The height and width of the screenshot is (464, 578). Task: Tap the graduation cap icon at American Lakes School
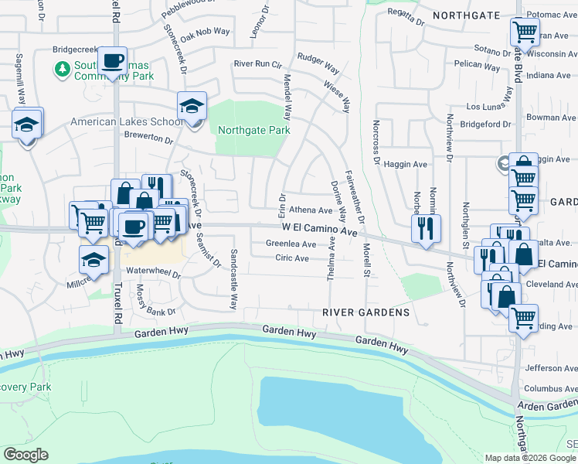pyautogui.click(x=192, y=107)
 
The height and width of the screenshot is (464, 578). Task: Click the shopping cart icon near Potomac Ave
pyautogui.click(x=525, y=33)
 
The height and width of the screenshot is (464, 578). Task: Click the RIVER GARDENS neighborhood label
pyautogui.click(x=365, y=312)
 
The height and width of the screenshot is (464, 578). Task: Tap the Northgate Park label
pyautogui.click(x=253, y=130)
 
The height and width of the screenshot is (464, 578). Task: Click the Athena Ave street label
pyautogui.click(x=310, y=210)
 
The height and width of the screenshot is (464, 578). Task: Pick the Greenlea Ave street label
pyautogui.click(x=291, y=244)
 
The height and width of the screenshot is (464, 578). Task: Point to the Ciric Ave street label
pyautogui.click(x=292, y=258)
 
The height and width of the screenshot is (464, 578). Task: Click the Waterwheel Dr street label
pyautogui.click(x=153, y=273)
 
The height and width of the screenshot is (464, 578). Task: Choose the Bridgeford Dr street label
pyautogui.click(x=485, y=124)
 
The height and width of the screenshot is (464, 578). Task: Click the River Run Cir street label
pyautogui.click(x=257, y=64)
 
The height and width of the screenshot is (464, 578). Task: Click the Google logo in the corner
pyautogui.click(x=25, y=454)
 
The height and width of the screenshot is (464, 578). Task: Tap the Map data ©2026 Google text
pyautogui.click(x=530, y=457)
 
